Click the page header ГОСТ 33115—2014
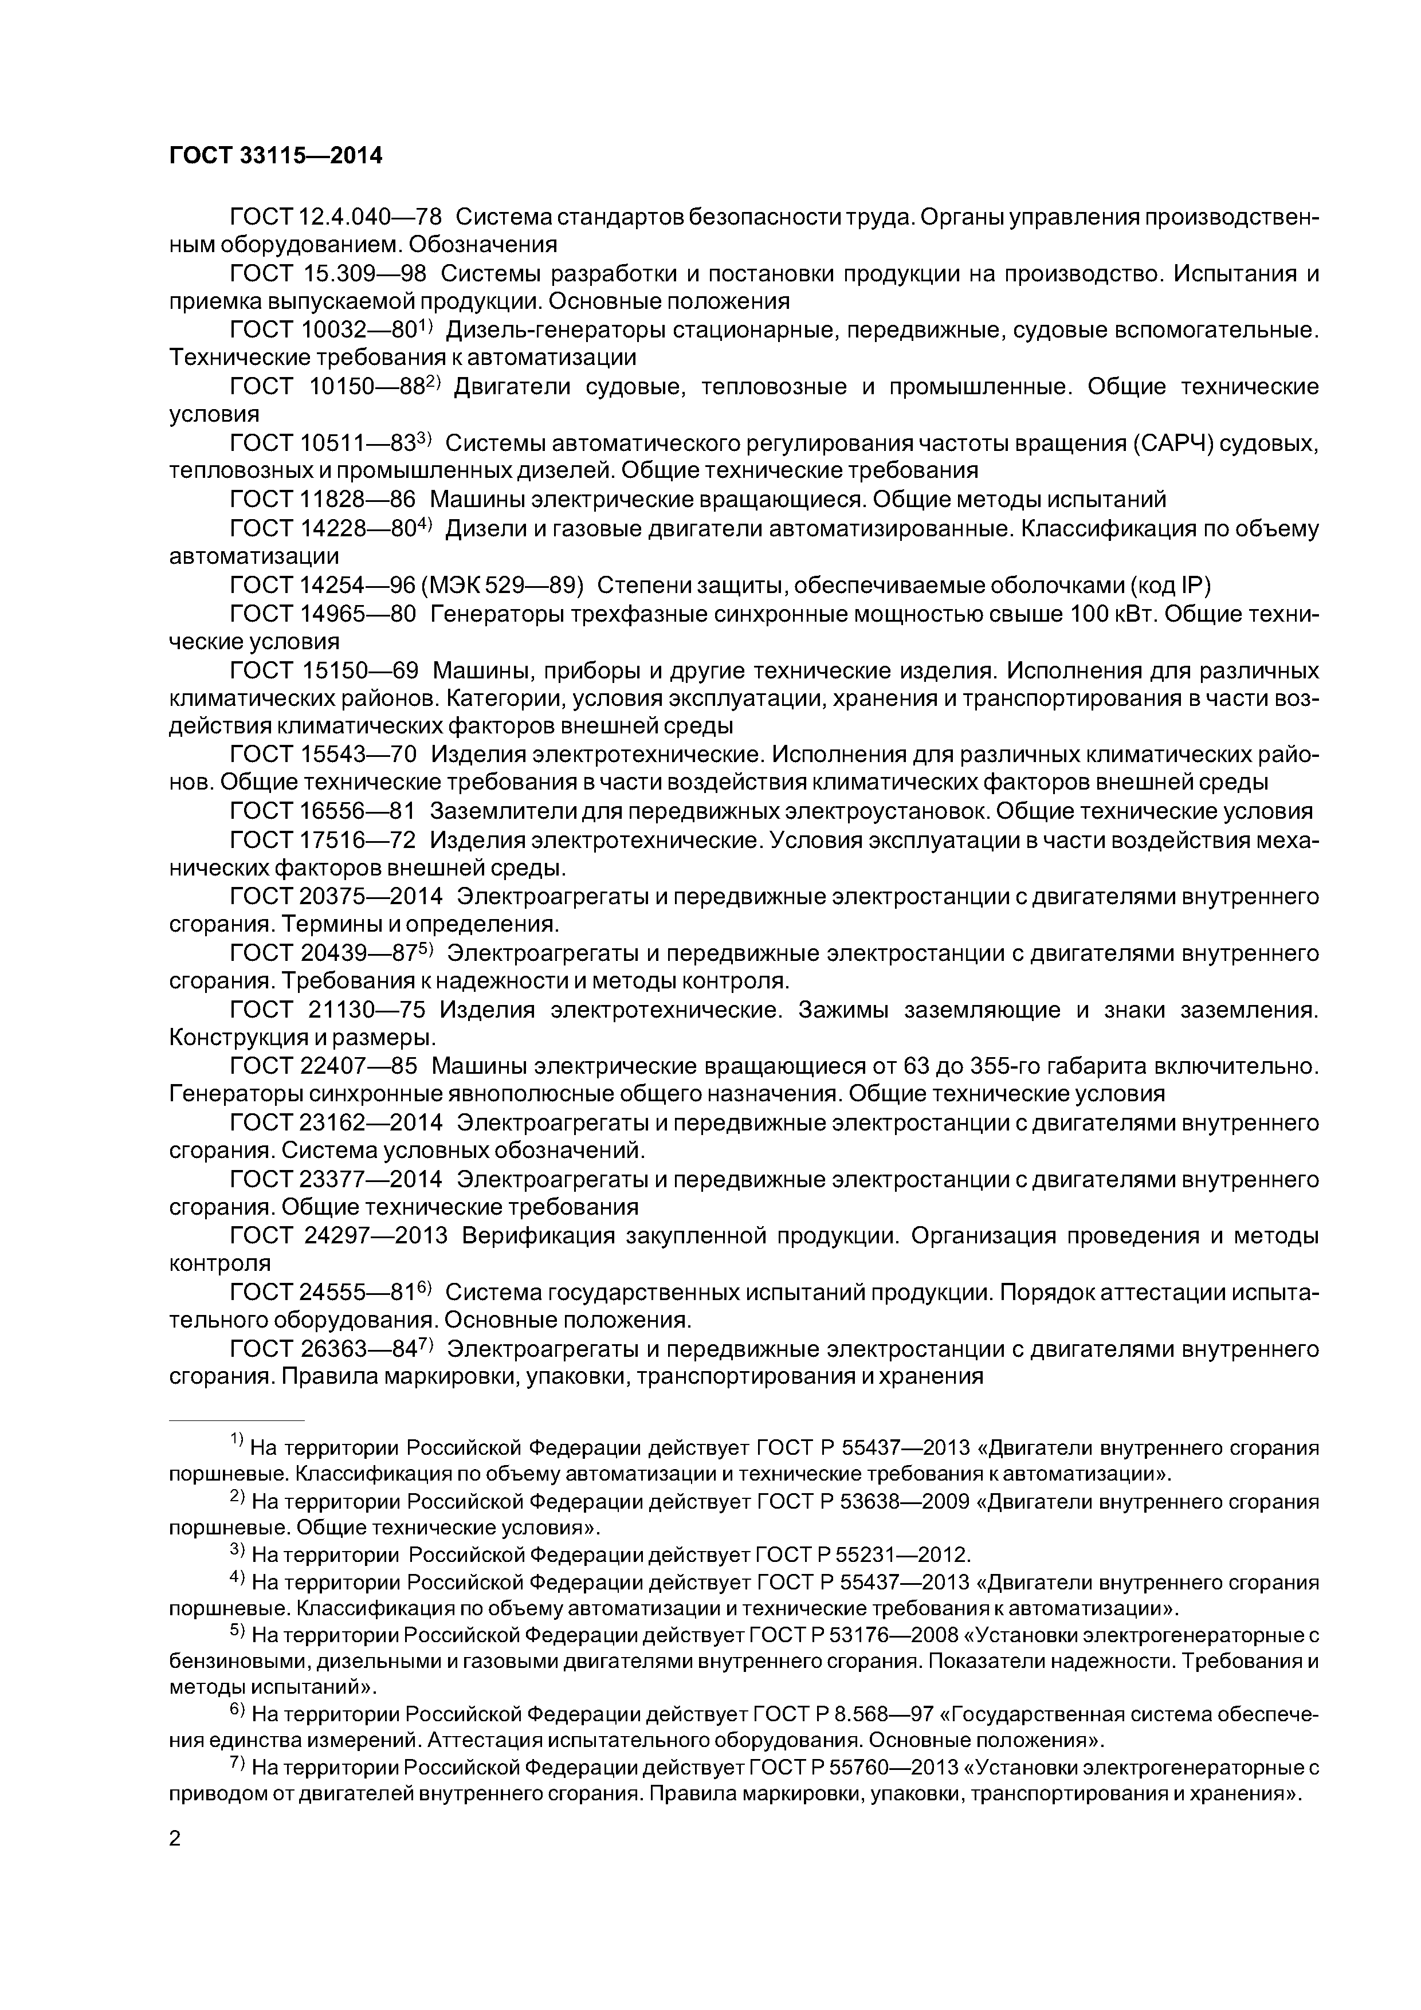click(276, 156)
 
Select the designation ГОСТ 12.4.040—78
click(335, 216)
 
